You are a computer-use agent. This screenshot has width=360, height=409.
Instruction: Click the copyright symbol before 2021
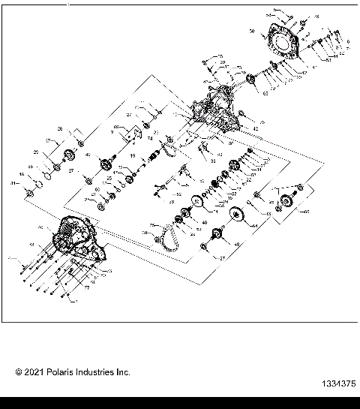pyautogui.click(x=19, y=372)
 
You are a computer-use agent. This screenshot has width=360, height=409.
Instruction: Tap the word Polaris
pyautogui.click(x=65, y=372)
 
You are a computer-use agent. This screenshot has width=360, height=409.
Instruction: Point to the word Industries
pyautogui.click(x=100, y=372)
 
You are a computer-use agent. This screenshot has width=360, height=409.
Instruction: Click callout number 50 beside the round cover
pyautogui.click(x=253, y=32)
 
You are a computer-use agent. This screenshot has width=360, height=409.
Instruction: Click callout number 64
pyautogui.click(x=253, y=225)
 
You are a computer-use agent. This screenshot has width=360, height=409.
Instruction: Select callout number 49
pyautogui.click(x=237, y=245)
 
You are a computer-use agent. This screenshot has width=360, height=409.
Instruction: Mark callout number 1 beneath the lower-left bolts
pyautogui.click(x=75, y=301)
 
